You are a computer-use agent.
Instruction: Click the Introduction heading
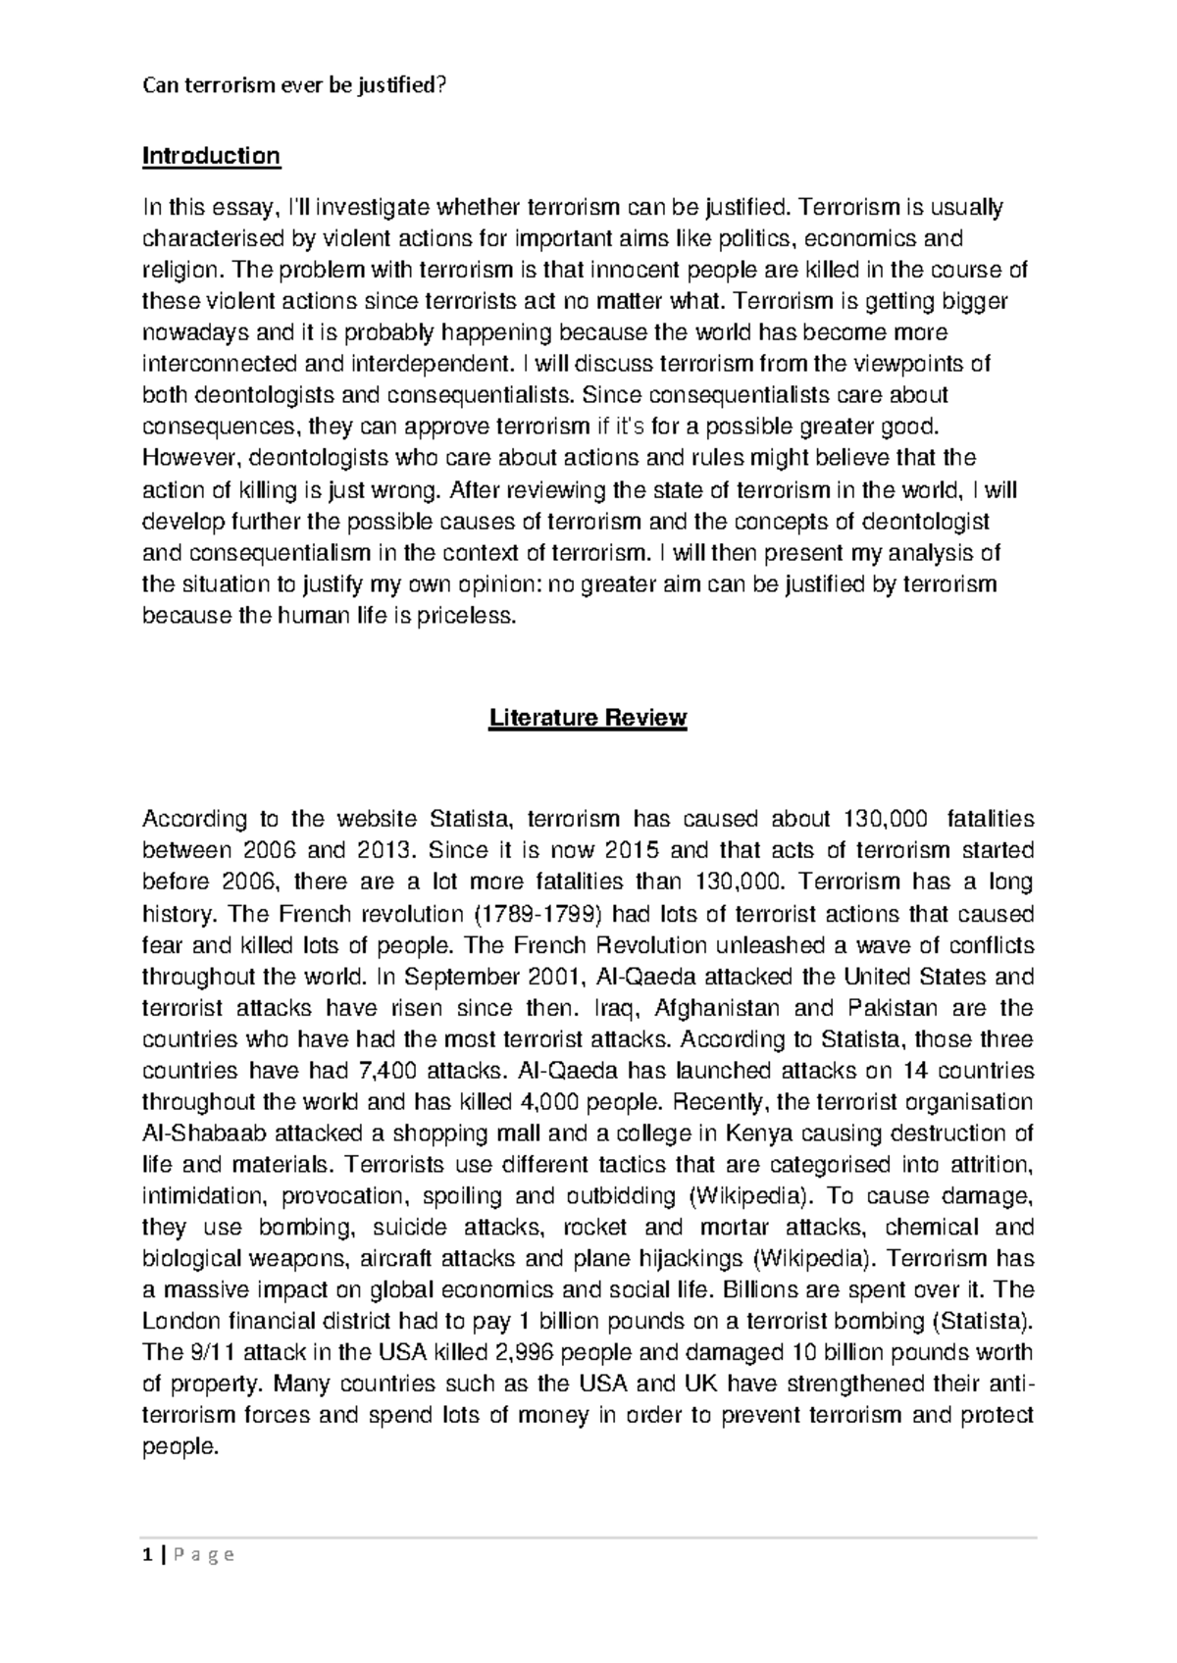click(x=211, y=156)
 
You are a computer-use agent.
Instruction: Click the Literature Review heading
click(x=588, y=718)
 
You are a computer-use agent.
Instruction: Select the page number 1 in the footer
click(x=147, y=1554)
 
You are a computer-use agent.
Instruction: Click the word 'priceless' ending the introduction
click(x=471, y=617)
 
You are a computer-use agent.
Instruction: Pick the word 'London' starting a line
click(x=179, y=1322)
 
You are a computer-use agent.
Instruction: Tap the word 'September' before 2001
click(x=462, y=977)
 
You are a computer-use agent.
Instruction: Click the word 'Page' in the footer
click(x=202, y=1554)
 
